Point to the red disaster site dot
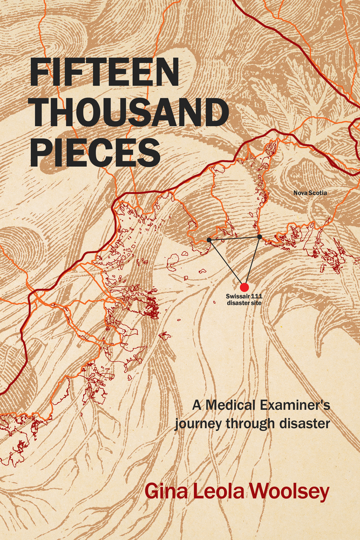point(244,287)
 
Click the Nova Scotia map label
point(310,193)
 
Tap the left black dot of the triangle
point(209,239)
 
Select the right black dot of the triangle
point(260,237)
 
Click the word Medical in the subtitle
point(227,404)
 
